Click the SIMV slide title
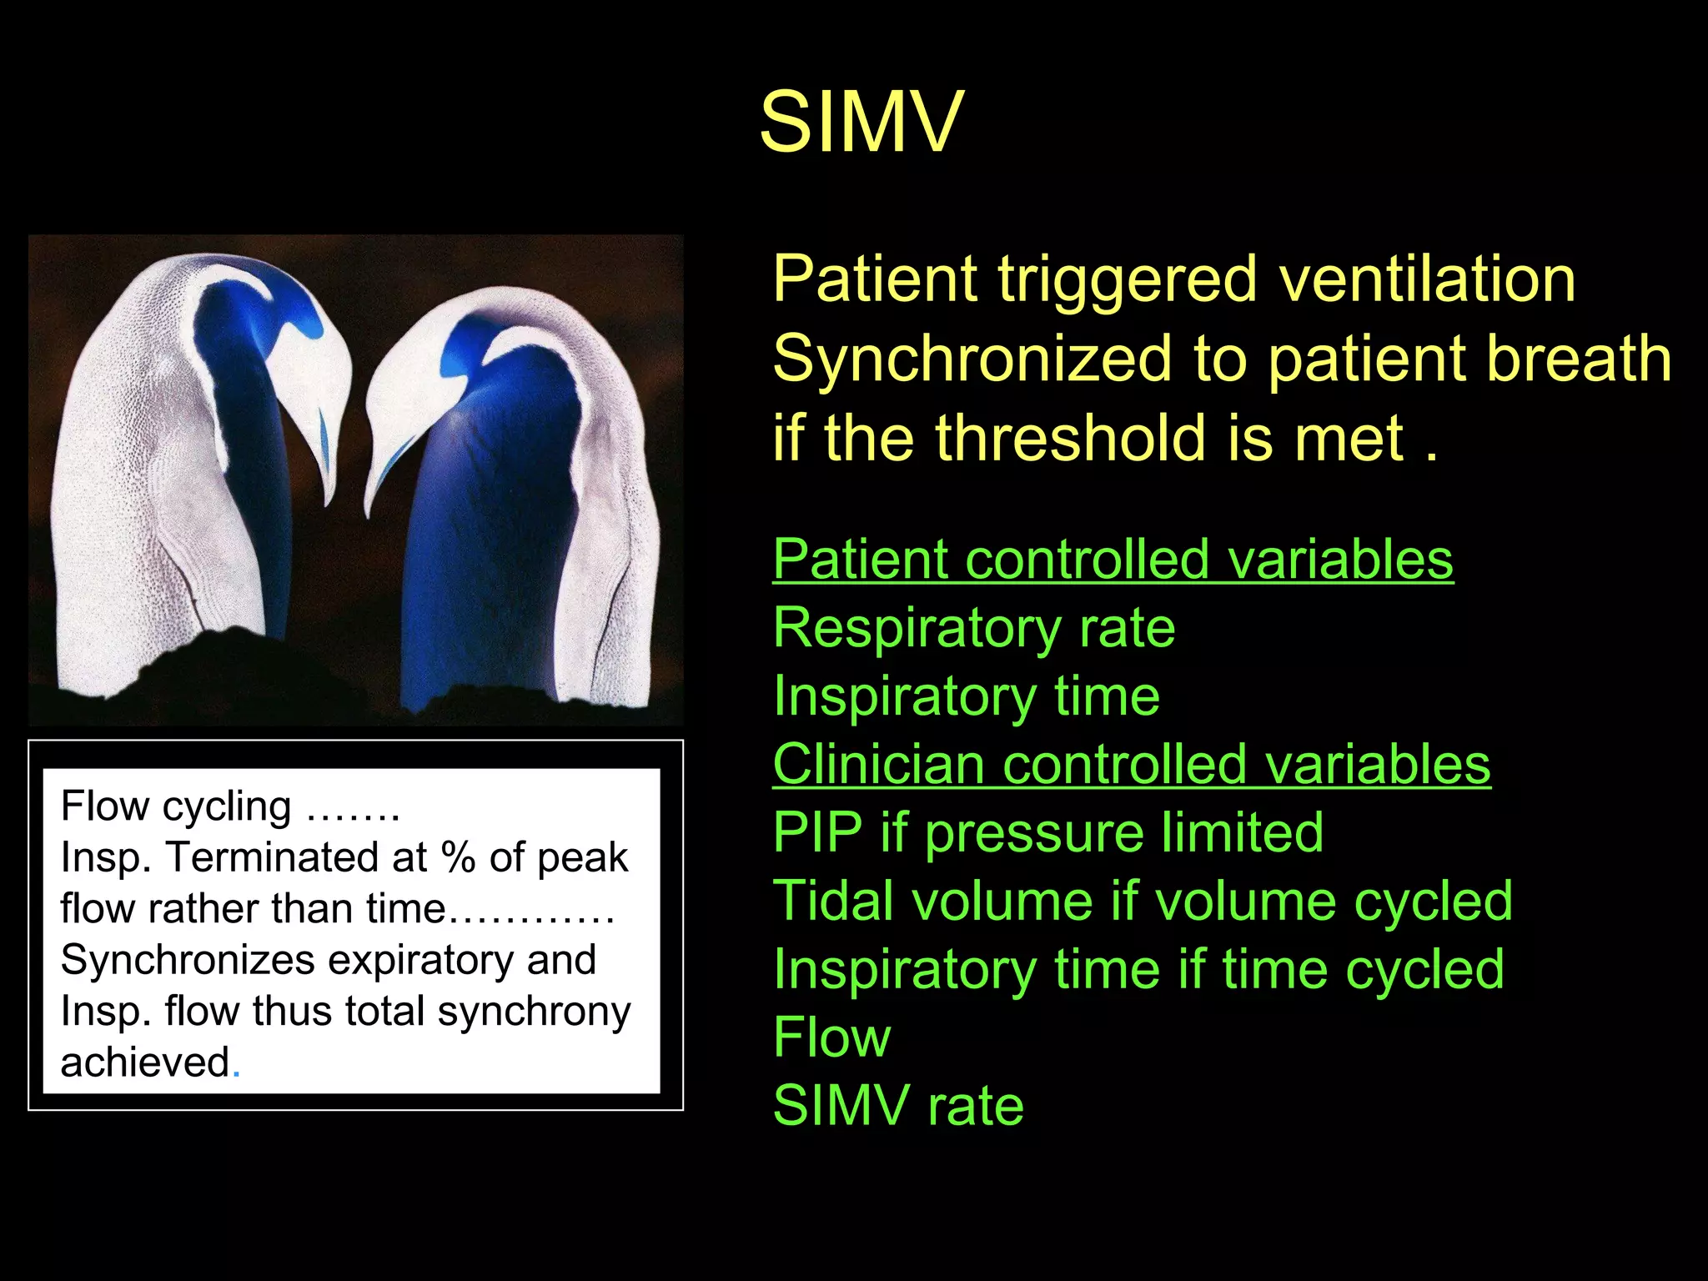tap(861, 122)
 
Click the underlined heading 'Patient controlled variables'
tap(1113, 559)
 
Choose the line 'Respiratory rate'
tap(973, 627)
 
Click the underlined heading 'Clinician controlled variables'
tap(1131, 764)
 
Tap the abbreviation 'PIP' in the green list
tap(816, 832)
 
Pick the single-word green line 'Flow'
tap(831, 1037)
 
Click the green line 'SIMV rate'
tap(897, 1106)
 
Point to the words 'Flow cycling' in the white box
tap(176, 806)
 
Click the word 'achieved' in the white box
tap(145, 1062)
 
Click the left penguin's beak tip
tap(327, 500)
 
